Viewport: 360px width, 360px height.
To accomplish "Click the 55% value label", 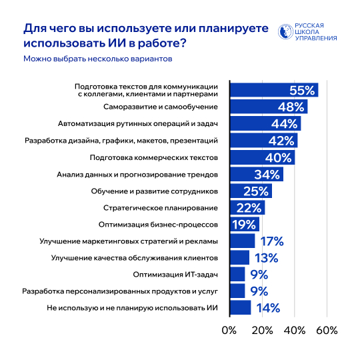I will click(x=302, y=91).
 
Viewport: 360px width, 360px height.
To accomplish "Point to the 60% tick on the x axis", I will click(x=327, y=331).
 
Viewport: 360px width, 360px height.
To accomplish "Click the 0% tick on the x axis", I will click(x=229, y=331).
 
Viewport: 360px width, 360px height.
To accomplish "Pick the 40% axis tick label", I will click(x=294, y=331).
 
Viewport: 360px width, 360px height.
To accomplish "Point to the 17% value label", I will click(x=271, y=241).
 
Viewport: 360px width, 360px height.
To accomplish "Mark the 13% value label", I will click(x=265, y=258).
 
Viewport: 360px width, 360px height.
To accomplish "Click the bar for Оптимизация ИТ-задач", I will click(x=237, y=275).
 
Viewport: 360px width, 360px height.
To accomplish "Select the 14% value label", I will click(x=267, y=308).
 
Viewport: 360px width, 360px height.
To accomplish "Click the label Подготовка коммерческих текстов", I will click(x=157, y=157).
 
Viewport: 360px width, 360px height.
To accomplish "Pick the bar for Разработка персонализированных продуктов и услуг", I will click(x=237, y=291).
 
